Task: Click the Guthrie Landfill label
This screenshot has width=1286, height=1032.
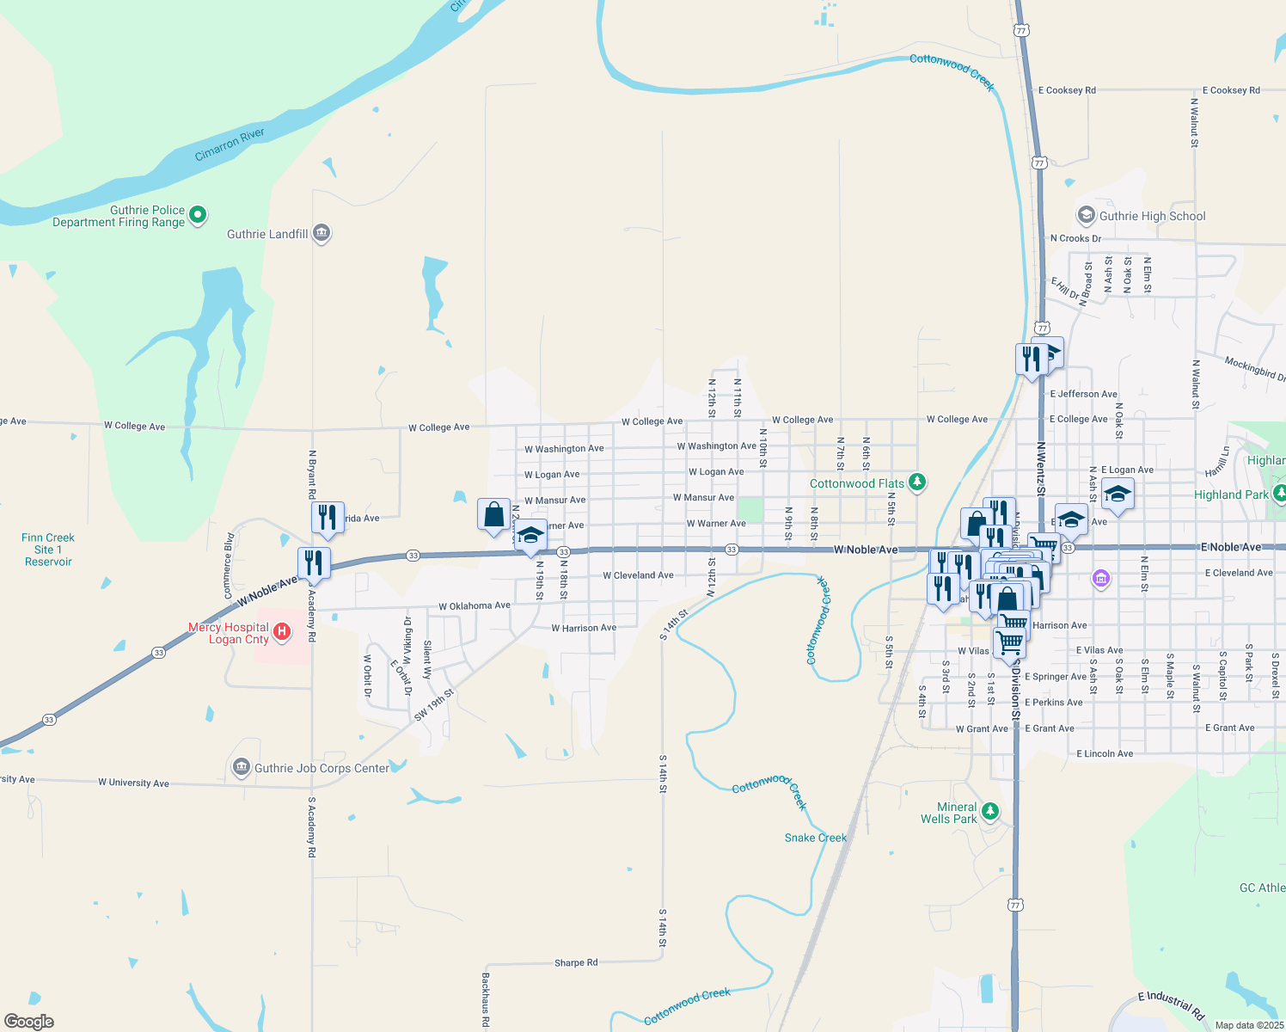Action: pyautogui.click(x=267, y=234)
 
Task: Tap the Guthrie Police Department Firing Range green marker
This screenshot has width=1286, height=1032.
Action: pyautogui.click(x=198, y=214)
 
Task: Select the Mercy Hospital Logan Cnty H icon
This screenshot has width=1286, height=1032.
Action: pyautogui.click(x=281, y=633)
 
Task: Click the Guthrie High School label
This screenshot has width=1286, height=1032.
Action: pyautogui.click(x=1152, y=216)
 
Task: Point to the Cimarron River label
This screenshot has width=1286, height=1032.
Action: pyautogui.click(x=230, y=144)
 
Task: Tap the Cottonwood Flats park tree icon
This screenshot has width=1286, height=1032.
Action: pyautogui.click(x=917, y=482)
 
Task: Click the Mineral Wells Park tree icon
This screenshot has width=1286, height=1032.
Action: pyautogui.click(x=990, y=810)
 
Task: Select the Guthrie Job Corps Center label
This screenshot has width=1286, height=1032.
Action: pyautogui.click(x=321, y=768)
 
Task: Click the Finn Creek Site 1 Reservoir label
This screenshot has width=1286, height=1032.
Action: pyautogui.click(x=48, y=550)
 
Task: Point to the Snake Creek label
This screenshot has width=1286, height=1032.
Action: pyautogui.click(x=816, y=838)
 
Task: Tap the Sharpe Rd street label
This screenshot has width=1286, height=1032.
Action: pyautogui.click(x=576, y=962)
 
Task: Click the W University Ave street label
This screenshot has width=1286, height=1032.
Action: pyautogui.click(x=133, y=783)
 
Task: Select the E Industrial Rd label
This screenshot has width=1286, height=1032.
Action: pyautogui.click(x=1171, y=1004)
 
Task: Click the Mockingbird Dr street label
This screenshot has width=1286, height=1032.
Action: pyautogui.click(x=1254, y=369)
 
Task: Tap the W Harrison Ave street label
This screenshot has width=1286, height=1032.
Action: pyautogui.click(x=584, y=628)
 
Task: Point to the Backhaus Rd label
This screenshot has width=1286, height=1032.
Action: pyautogui.click(x=486, y=999)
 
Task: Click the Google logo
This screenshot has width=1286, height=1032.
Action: pyautogui.click(x=28, y=1022)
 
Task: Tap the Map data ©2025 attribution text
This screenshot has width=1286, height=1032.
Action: pyautogui.click(x=1249, y=1025)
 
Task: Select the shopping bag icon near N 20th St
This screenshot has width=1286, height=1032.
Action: pyautogui.click(x=494, y=515)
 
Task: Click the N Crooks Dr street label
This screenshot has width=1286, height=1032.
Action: pyautogui.click(x=1075, y=238)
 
